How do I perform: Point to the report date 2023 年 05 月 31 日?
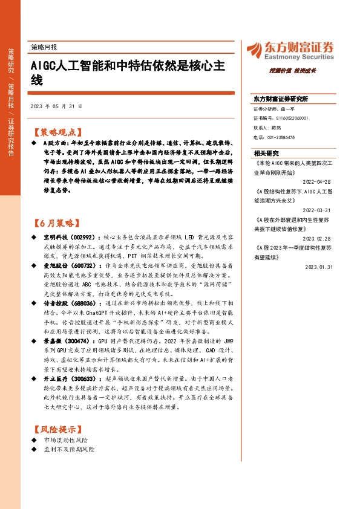(56, 106)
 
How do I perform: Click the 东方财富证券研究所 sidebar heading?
(281, 98)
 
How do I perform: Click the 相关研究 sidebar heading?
(266, 153)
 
